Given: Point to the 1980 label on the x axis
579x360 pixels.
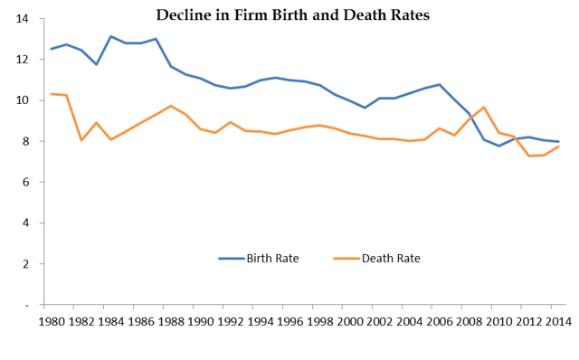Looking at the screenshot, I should pos(52,321).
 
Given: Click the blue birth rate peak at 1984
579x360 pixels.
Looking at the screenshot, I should pos(110,36).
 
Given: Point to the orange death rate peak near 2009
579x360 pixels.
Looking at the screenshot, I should pos(483,108).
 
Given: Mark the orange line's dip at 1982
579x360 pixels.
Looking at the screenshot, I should pos(81,140).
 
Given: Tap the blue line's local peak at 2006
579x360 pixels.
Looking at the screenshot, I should pos(439,84).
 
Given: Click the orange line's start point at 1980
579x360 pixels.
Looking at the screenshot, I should pos(52,93).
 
